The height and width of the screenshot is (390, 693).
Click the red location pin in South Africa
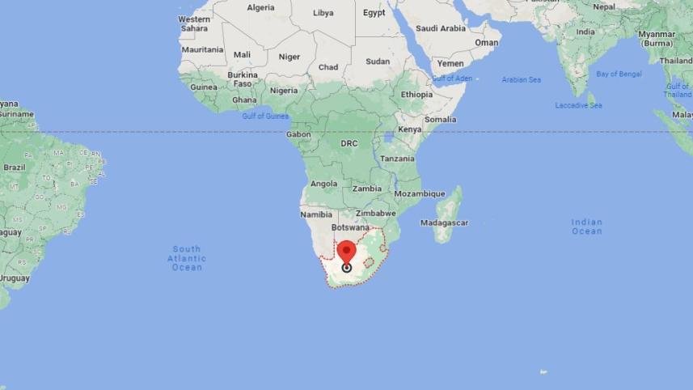(x=347, y=251)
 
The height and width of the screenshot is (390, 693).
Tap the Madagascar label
(x=445, y=223)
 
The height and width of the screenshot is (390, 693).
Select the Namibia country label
(x=316, y=214)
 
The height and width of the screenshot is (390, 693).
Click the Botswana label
(x=349, y=227)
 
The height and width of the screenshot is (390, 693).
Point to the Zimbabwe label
(x=375, y=214)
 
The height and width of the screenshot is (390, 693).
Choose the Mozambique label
(x=420, y=194)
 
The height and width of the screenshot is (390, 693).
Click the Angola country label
(x=324, y=184)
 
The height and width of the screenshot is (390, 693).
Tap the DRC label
(x=349, y=143)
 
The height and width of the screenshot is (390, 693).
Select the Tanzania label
(x=398, y=159)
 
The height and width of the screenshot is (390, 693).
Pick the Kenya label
(x=410, y=129)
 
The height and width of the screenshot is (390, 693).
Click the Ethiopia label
(x=416, y=95)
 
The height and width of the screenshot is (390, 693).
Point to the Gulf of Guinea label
(x=265, y=116)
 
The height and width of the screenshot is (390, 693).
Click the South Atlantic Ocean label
(x=187, y=257)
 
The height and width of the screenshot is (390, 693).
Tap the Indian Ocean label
(x=586, y=227)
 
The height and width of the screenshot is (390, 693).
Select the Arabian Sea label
(x=521, y=80)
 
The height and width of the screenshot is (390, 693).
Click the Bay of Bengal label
(x=619, y=74)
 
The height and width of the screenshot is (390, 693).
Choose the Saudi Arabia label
(x=441, y=28)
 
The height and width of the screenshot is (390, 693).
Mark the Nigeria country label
(x=284, y=91)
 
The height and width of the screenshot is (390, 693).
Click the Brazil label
(x=15, y=167)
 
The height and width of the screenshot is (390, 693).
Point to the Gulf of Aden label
(x=452, y=78)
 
